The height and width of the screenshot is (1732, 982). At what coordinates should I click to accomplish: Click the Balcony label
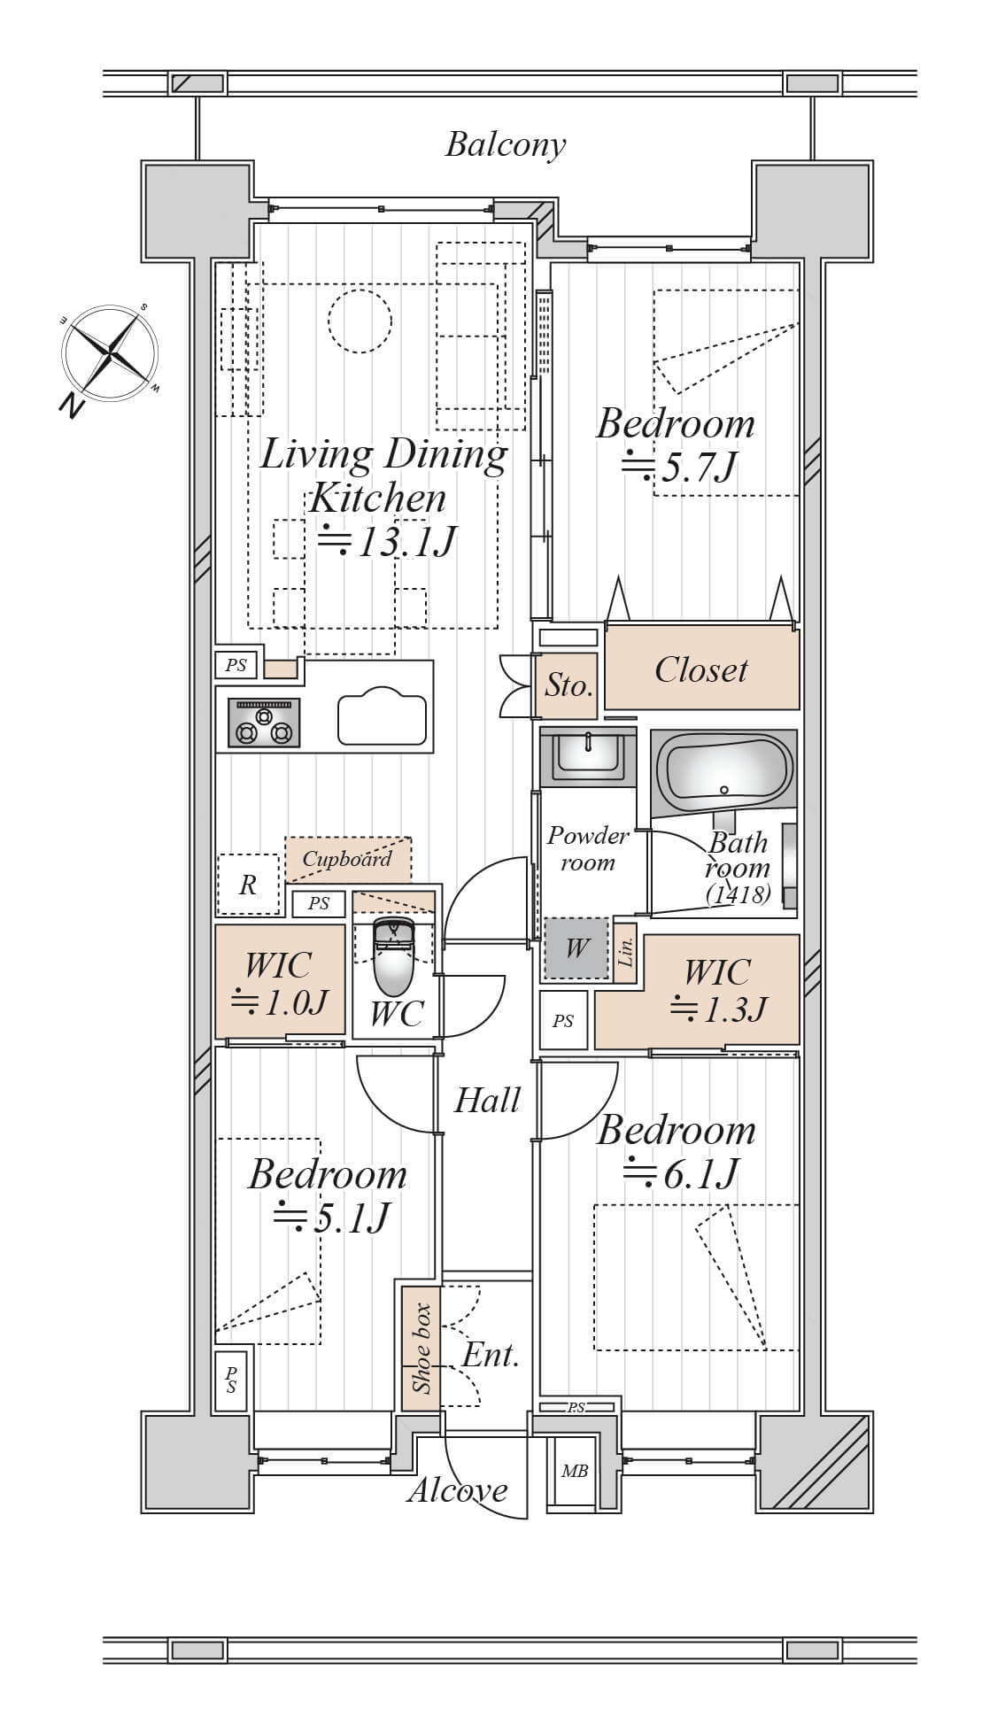(x=505, y=144)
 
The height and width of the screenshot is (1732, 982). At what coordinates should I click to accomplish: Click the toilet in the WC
(x=393, y=957)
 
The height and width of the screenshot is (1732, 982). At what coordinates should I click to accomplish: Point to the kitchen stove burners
(x=264, y=723)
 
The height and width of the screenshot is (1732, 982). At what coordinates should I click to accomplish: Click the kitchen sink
(x=383, y=718)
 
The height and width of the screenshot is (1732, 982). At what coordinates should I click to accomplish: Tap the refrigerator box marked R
(x=248, y=884)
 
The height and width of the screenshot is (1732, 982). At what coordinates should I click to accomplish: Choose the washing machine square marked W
(x=576, y=948)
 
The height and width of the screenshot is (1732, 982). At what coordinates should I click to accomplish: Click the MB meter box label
(x=575, y=1471)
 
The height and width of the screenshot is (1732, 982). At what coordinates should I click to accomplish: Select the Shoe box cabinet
(x=421, y=1349)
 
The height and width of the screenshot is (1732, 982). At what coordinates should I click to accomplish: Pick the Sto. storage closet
(x=568, y=685)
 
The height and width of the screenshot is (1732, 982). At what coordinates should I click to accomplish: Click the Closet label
(x=701, y=669)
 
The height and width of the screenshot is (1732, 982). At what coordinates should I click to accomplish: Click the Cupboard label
(x=346, y=858)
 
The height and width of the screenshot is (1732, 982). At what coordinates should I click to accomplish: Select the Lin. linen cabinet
(x=625, y=953)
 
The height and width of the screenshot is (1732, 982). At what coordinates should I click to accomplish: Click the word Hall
(x=487, y=1100)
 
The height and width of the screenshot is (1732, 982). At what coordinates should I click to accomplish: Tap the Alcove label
(x=458, y=1490)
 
